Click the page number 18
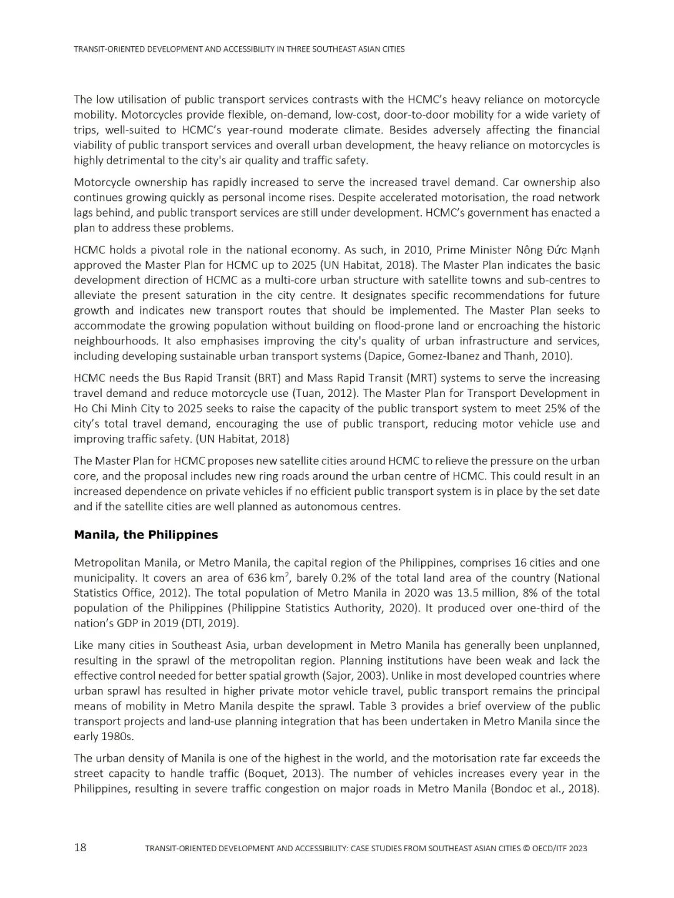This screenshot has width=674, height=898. point(81,847)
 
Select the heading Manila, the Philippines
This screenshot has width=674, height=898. point(146,535)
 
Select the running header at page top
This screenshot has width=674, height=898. point(239,49)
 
